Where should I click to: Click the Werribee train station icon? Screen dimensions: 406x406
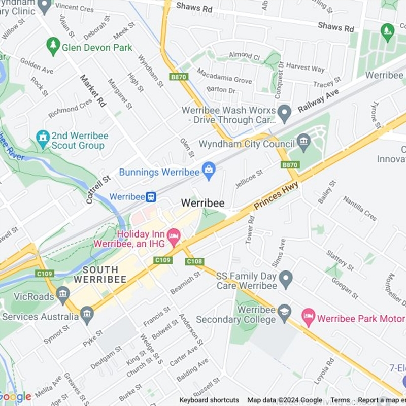tap(151, 196)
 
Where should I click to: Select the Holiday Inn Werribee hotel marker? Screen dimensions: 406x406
tap(174, 235)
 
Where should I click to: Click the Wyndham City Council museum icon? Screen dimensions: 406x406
tap(304, 143)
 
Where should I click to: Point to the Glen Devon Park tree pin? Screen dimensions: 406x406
tap(53, 47)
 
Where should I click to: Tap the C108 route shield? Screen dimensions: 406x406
tap(195, 261)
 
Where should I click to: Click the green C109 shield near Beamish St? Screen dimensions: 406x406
tap(163, 260)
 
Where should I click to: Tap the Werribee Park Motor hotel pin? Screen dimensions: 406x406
tap(309, 318)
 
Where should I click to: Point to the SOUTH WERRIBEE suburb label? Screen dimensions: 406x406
tap(99, 275)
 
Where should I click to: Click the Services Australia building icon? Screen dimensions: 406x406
tap(87, 315)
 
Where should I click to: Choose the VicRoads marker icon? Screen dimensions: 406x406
tap(63, 294)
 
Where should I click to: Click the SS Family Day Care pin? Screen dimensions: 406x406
tap(286, 279)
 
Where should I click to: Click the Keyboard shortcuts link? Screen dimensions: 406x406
tap(209, 400)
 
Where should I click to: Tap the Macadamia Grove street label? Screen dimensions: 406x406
tap(224, 77)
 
